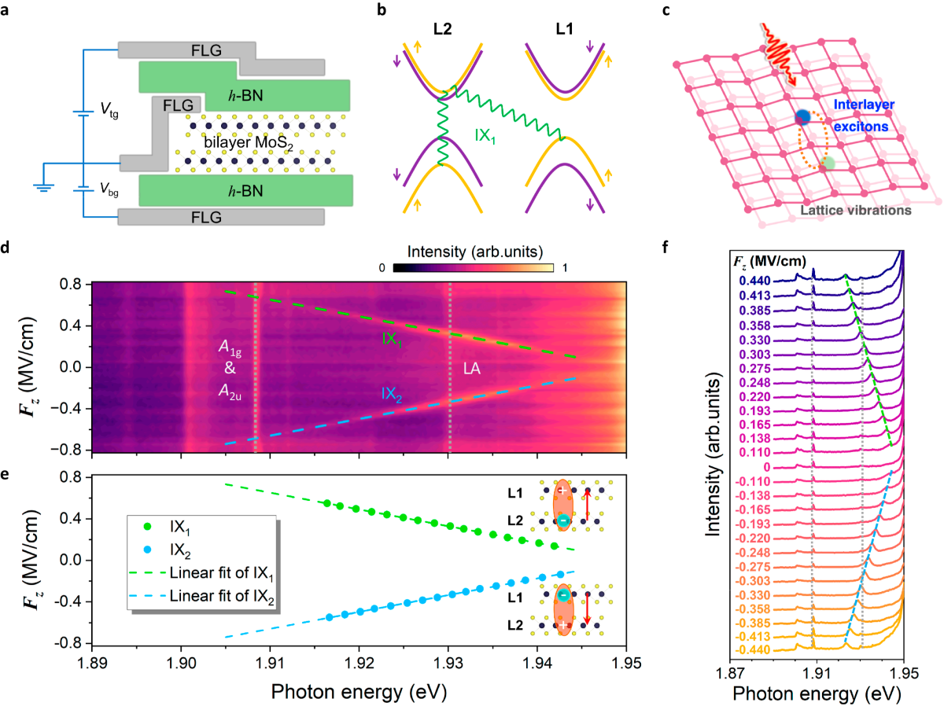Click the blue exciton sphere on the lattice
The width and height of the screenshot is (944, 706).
(802, 118)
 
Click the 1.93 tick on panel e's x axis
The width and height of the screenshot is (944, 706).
(448, 659)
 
